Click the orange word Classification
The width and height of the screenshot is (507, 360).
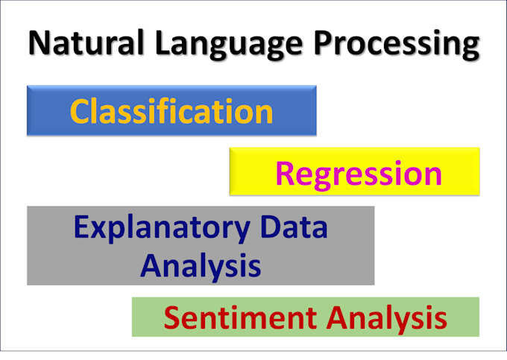[171, 111]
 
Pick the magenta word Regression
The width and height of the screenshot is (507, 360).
[359, 173]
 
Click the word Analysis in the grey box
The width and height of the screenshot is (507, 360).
[201, 264]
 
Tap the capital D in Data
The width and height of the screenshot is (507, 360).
[265, 227]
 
